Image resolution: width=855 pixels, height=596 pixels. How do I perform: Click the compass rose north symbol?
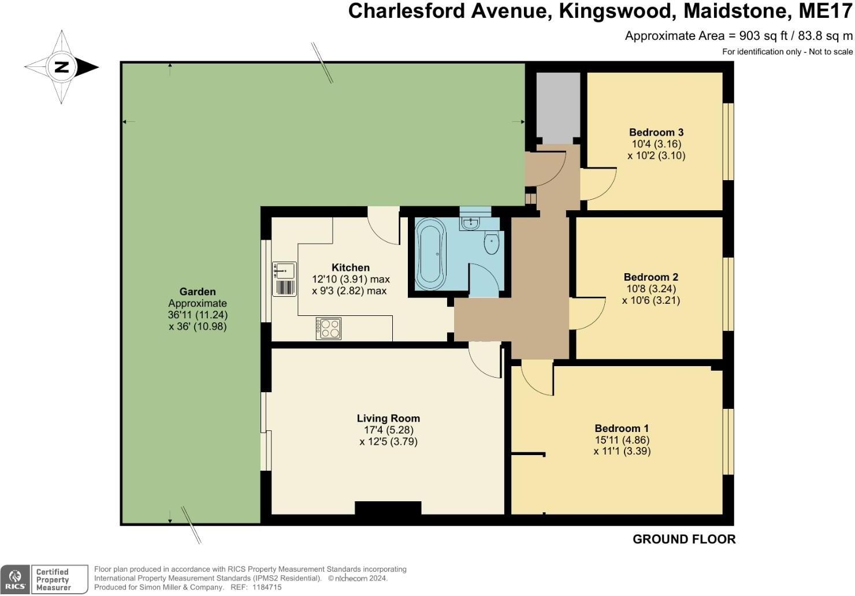pyautogui.click(x=61, y=67)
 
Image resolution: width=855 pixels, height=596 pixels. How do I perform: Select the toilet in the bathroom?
pyautogui.click(x=492, y=244)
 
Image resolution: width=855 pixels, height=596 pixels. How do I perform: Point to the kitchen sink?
pyautogui.click(x=284, y=279)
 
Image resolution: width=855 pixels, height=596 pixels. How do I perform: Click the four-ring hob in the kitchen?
pyautogui.click(x=328, y=329)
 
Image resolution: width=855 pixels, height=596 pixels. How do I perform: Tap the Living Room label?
pyautogui.click(x=388, y=419)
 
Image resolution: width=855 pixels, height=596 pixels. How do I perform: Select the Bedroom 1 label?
pyautogui.click(x=622, y=429)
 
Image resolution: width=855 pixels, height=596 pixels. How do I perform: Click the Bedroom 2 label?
pyautogui.click(x=650, y=277)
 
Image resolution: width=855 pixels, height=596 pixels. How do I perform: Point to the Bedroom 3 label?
pyautogui.click(x=656, y=132)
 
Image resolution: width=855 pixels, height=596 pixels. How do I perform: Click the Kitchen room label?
pyautogui.click(x=351, y=267)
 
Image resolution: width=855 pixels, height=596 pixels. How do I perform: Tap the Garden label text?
pyautogui.click(x=198, y=292)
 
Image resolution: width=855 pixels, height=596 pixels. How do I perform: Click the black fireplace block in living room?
pyautogui.click(x=388, y=508)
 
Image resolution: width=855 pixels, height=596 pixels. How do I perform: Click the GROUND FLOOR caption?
pyautogui.click(x=684, y=539)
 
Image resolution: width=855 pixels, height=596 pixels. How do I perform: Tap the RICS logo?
pyautogui.click(x=16, y=579)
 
